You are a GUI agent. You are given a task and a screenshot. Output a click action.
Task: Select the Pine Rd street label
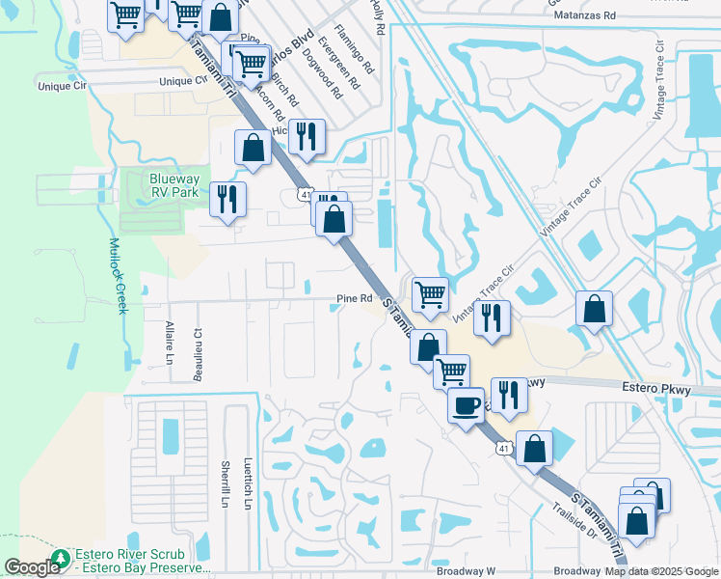pyautogui.click(x=354, y=299)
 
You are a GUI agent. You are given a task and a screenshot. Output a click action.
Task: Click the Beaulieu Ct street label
pyautogui.click(x=197, y=345)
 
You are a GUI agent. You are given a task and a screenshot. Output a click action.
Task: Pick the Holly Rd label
pyautogui.click(x=379, y=18)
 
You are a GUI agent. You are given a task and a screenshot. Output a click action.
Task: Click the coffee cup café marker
pyautogui.click(x=467, y=404)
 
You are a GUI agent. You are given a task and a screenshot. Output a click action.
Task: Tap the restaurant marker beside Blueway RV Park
pyautogui.click(x=227, y=200)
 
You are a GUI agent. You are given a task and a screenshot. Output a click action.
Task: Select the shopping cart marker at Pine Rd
pyautogui.click(x=429, y=293)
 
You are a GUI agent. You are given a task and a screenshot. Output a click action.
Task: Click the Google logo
pyautogui.click(x=32, y=568)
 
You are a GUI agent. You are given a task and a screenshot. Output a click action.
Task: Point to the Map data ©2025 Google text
pyautogui.click(x=661, y=571)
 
